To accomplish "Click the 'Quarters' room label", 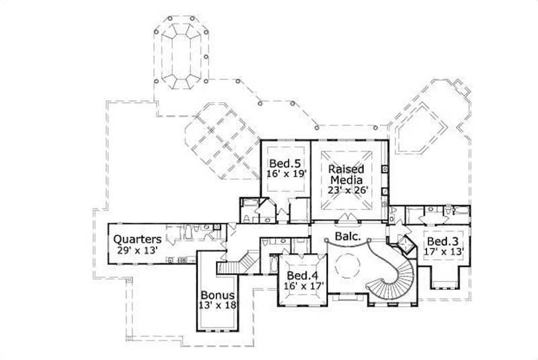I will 137,239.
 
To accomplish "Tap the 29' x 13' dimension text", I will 137,250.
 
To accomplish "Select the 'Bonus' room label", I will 218,295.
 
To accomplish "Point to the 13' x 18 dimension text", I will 218,306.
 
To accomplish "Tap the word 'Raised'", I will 346,170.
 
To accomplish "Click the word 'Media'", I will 346,180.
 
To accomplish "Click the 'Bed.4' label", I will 304,276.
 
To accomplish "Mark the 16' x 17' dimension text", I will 304,286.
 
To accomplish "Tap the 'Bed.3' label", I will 440,242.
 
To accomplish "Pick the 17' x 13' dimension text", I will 440,252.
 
